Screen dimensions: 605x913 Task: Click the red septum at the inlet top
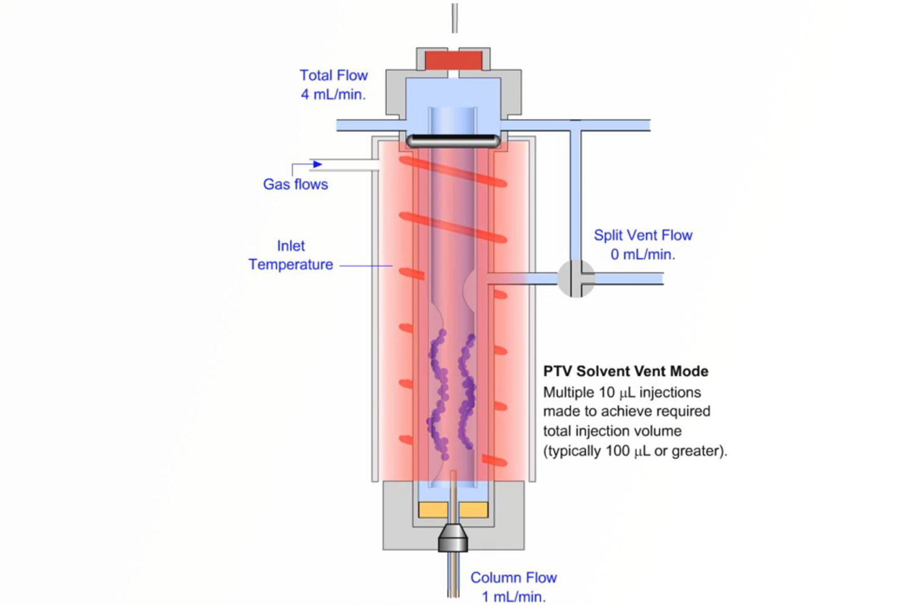453,60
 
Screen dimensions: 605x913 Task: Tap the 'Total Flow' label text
333,75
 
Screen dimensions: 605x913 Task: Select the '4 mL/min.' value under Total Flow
333,95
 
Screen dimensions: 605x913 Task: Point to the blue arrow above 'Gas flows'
317,164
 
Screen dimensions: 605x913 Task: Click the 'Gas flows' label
295,184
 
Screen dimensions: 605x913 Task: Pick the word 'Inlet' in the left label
290,246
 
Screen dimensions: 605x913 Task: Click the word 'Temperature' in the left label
290,265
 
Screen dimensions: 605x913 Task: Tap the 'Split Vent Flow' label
643,235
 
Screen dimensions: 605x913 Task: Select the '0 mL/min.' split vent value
643,255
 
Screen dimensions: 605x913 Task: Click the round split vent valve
575,279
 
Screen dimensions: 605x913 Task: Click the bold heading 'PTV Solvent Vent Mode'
625,371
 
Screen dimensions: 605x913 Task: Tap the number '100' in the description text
617,451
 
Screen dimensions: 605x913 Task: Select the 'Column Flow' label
513,578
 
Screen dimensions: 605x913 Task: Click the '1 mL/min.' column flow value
513,597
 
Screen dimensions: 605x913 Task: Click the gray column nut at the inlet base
453,538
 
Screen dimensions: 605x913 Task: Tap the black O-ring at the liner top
453,140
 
